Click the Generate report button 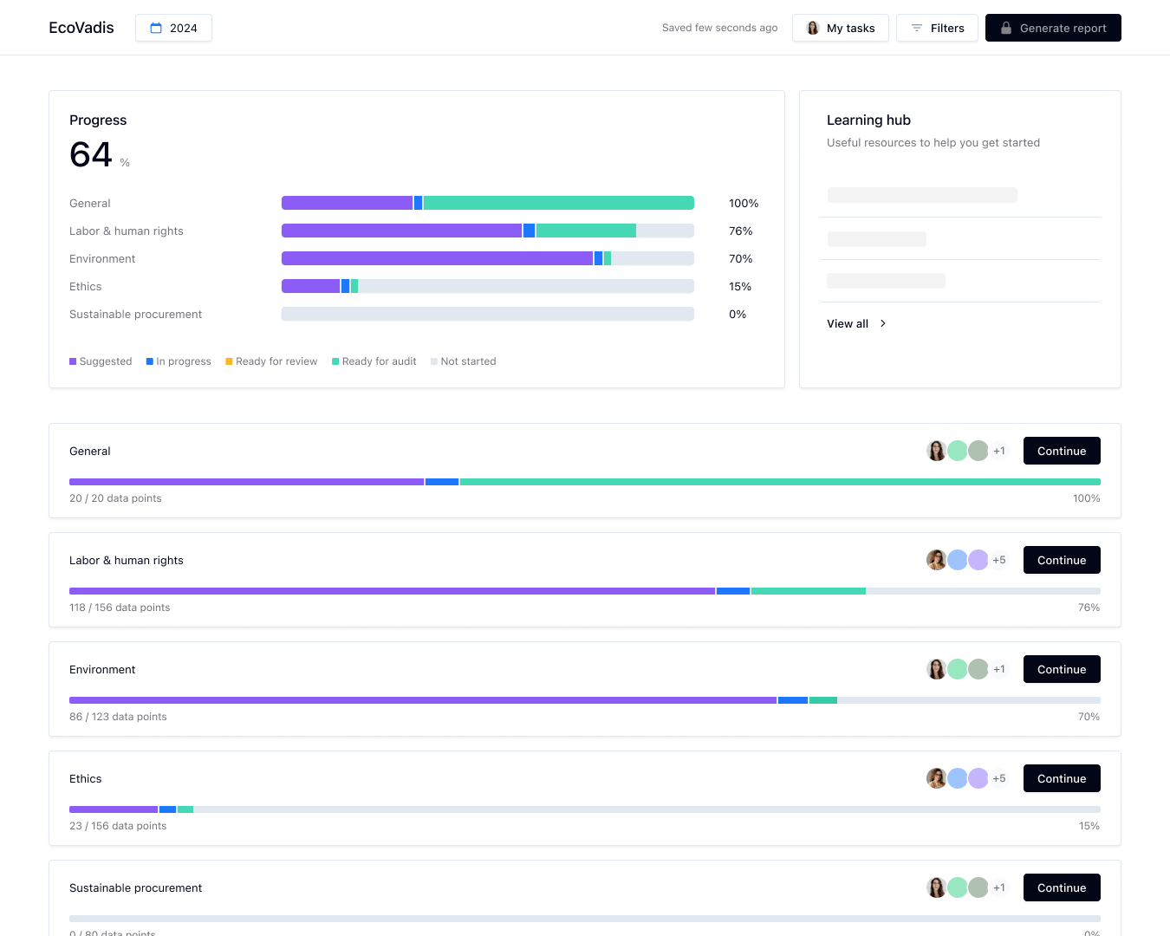(1053, 28)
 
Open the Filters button (937, 28)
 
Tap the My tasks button (840, 28)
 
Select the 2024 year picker (173, 28)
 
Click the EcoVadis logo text (81, 28)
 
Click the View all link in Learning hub (856, 323)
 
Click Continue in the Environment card (1062, 669)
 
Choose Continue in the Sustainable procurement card (1062, 887)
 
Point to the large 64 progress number (91, 155)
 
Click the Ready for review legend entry (271, 361)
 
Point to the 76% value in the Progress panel (740, 231)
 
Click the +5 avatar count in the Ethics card (999, 778)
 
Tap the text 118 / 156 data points (120, 608)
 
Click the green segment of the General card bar (780, 482)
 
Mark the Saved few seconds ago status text (719, 28)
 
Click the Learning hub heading (868, 120)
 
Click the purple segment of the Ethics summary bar (310, 286)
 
